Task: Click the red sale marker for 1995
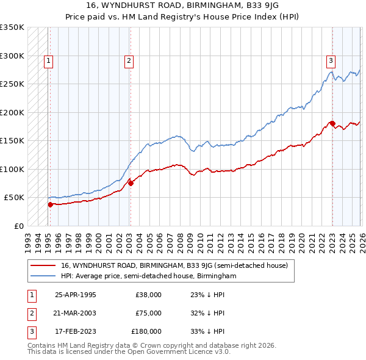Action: (x=50, y=204)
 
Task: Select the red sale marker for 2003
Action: (x=131, y=182)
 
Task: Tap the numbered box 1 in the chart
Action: (x=48, y=60)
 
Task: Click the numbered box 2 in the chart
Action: (x=130, y=60)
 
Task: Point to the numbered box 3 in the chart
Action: (x=331, y=60)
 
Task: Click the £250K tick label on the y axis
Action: (x=12, y=84)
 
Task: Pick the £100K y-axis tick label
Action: (x=12, y=169)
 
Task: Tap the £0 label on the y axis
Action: (x=18, y=226)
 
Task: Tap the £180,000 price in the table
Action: (x=146, y=331)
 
